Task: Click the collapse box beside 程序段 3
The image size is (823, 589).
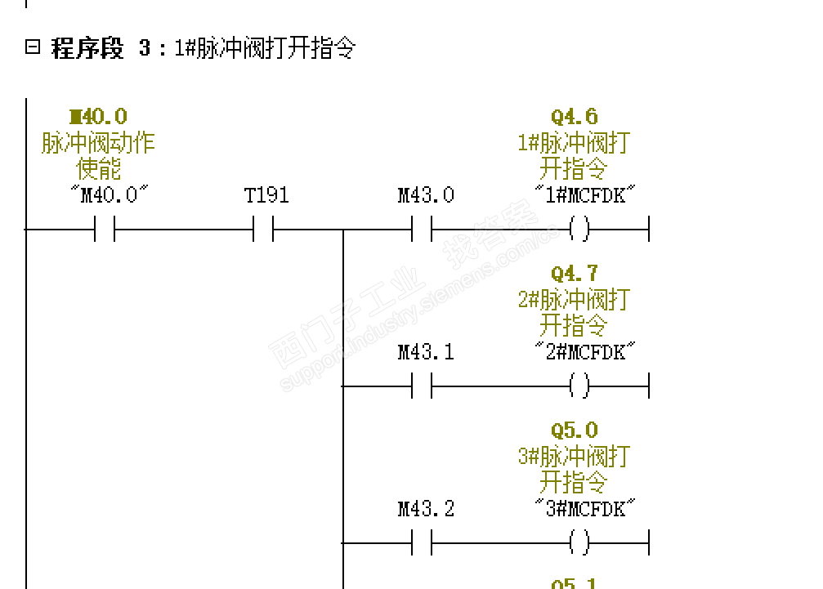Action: click(33, 47)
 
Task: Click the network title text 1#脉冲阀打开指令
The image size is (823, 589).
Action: click(264, 48)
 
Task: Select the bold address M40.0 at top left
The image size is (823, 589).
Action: click(99, 117)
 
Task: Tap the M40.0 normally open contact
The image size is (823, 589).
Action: click(105, 230)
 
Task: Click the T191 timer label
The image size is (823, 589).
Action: click(266, 195)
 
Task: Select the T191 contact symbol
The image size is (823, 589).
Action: click(262, 230)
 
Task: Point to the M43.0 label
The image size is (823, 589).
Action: click(426, 195)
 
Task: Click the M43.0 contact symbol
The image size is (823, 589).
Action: click(422, 230)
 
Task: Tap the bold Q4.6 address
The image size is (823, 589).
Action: click(575, 117)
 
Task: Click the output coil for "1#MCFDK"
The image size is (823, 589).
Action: click(579, 230)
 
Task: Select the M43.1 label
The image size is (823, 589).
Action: click(426, 352)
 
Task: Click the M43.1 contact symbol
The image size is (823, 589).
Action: click(422, 386)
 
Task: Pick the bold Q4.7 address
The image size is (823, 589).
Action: click(575, 273)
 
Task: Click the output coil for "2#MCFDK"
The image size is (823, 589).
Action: click(579, 386)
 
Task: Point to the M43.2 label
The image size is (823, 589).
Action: click(426, 509)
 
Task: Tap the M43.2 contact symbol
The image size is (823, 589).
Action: click(422, 542)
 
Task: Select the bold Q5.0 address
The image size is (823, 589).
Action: click(575, 430)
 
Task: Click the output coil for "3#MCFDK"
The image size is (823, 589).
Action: click(579, 542)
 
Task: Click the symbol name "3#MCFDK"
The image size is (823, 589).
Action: click(585, 509)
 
